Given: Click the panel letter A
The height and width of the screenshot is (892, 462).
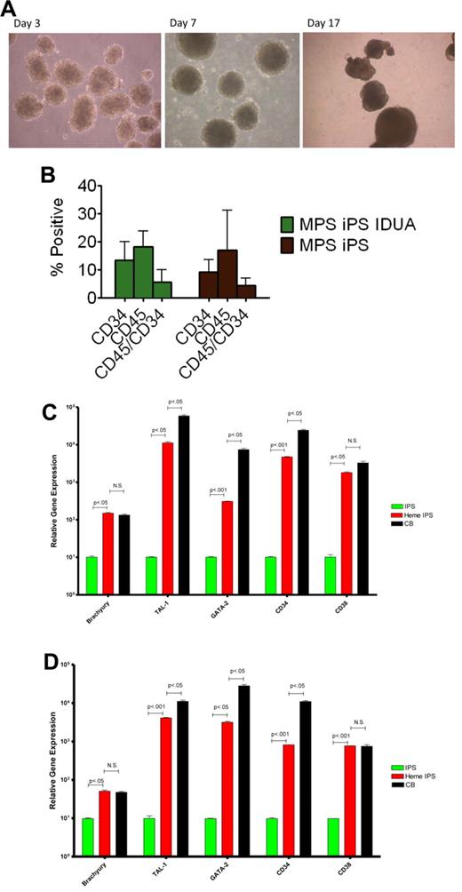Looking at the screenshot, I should (10, 9).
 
